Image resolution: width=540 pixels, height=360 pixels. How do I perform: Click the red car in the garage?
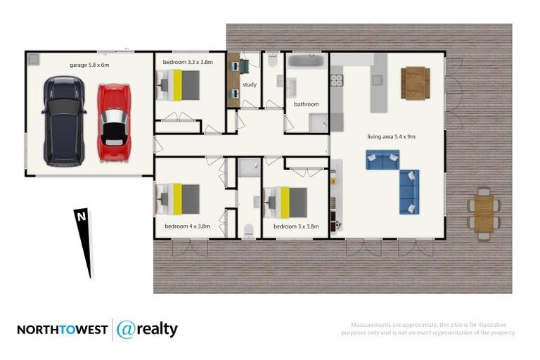114,123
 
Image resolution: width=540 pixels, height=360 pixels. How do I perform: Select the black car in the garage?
64,121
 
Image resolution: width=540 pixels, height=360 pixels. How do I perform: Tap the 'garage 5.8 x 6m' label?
89,65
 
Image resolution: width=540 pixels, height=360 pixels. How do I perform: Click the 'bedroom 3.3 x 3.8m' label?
188,62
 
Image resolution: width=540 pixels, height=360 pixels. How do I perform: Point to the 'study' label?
249,85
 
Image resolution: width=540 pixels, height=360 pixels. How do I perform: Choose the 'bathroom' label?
307,104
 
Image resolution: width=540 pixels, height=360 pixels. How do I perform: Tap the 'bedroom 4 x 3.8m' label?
188,226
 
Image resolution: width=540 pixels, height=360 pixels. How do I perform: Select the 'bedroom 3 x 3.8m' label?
296,226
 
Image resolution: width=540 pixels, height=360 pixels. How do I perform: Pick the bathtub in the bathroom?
306,63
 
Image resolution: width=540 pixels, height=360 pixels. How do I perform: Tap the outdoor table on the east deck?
484,213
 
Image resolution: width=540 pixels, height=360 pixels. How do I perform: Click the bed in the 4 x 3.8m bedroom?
180,199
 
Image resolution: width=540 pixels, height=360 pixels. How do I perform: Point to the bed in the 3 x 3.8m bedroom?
287,202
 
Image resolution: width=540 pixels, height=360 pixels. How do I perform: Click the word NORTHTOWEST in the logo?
62,330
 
